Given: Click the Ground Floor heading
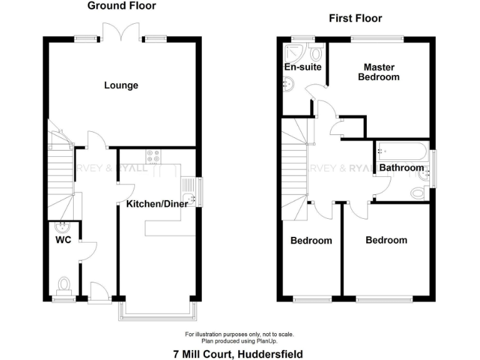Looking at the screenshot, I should tap(122, 6).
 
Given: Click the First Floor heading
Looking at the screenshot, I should tap(355, 19).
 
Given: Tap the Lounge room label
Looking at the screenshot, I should tap(121, 86).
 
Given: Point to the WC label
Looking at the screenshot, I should tap(62, 239).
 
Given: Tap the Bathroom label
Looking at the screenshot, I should tap(401, 167).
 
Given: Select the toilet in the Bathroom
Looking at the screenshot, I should tap(418, 194).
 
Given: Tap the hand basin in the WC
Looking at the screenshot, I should tap(61, 227).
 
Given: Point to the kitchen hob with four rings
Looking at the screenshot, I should tap(154, 155).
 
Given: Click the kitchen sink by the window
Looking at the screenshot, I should tap(188, 190).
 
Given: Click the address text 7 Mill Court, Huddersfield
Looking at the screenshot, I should tap(237, 354).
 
